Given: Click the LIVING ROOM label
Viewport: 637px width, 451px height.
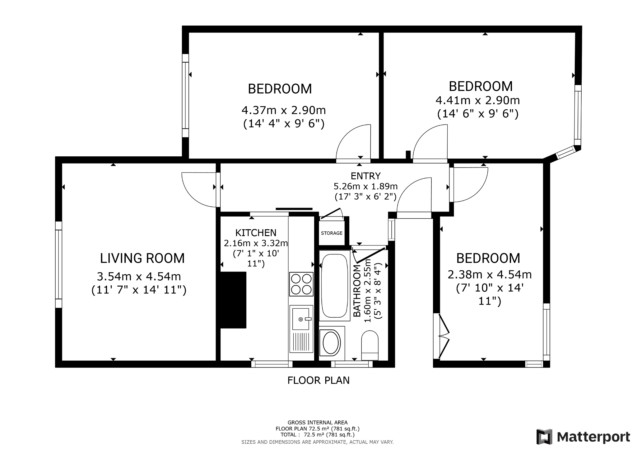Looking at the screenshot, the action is click(142, 258).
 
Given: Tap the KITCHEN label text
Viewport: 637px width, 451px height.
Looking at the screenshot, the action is click(256, 233).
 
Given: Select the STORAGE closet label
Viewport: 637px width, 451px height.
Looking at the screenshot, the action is click(332, 233).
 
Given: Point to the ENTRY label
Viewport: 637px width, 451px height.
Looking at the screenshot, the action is click(365, 176).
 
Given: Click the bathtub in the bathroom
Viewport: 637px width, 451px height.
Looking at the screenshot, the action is click(335, 286).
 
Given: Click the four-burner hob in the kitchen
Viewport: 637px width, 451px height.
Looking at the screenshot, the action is click(301, 284).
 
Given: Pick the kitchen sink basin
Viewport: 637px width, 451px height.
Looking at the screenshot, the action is click(301, 319).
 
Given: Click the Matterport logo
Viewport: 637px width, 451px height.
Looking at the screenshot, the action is click(583, 437).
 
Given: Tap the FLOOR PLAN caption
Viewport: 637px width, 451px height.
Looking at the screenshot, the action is click(318, 380).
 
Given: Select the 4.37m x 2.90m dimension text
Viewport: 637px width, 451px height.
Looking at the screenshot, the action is click(284, 110).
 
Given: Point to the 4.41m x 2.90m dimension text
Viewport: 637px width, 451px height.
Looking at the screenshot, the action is click(478, 100).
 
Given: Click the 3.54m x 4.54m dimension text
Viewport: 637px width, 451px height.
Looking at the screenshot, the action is click(139, 276).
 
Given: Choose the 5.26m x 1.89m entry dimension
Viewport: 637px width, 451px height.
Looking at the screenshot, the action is click(366, 186).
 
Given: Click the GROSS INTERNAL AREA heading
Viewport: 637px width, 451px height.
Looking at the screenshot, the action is click(318, 423).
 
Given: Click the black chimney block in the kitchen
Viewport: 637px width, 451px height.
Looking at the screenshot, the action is click(233, 300).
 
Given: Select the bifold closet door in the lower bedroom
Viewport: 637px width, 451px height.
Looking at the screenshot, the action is click(444, 336).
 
